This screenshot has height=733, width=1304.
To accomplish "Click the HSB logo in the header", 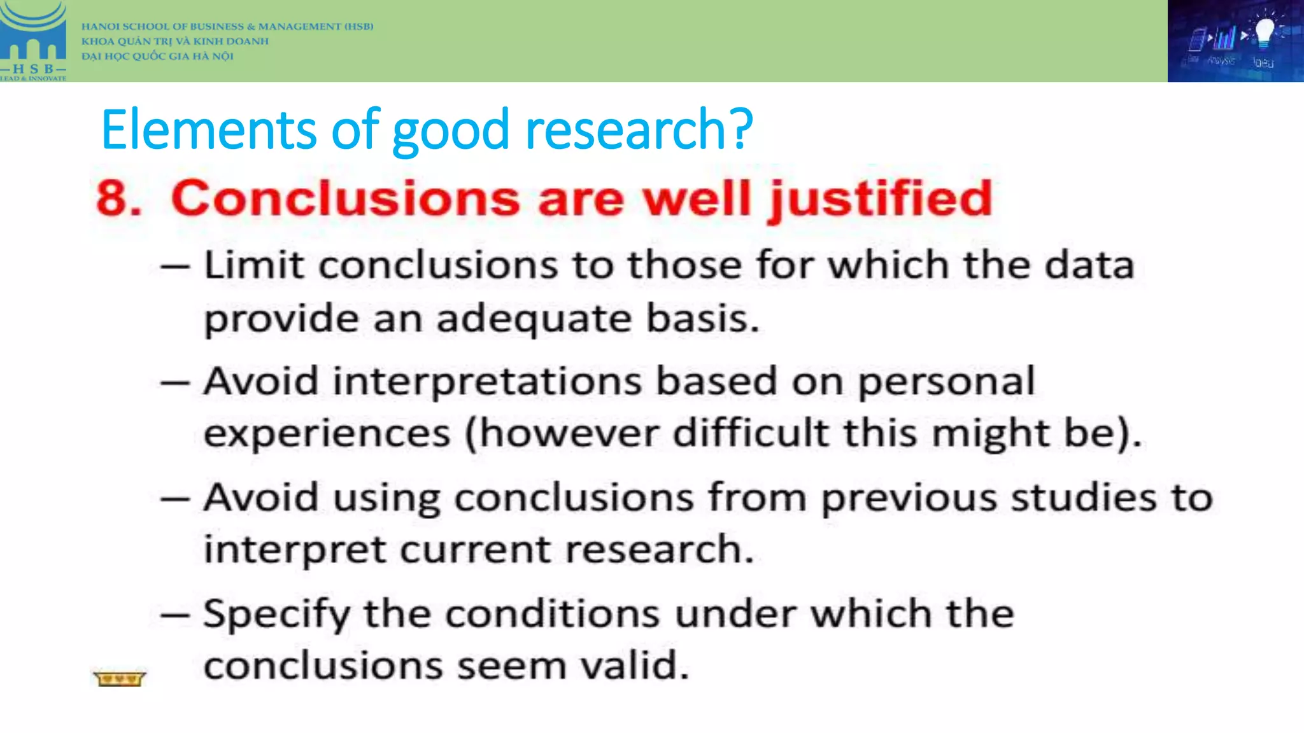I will [x=33, y=41].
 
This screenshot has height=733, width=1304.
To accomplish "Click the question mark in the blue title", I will [x=741, y=130].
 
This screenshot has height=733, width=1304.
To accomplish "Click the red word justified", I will [x=881, y=200].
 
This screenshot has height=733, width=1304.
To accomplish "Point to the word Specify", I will [x=276, y=615].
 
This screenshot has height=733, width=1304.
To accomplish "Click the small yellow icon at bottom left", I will [x=119, y=679].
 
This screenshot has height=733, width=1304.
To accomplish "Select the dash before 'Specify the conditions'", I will [x=175, y=615].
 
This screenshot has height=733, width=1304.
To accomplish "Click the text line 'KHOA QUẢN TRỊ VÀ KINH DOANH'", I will [x=175, y=41].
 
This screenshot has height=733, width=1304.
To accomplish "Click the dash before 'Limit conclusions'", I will [x=175, y=266].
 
